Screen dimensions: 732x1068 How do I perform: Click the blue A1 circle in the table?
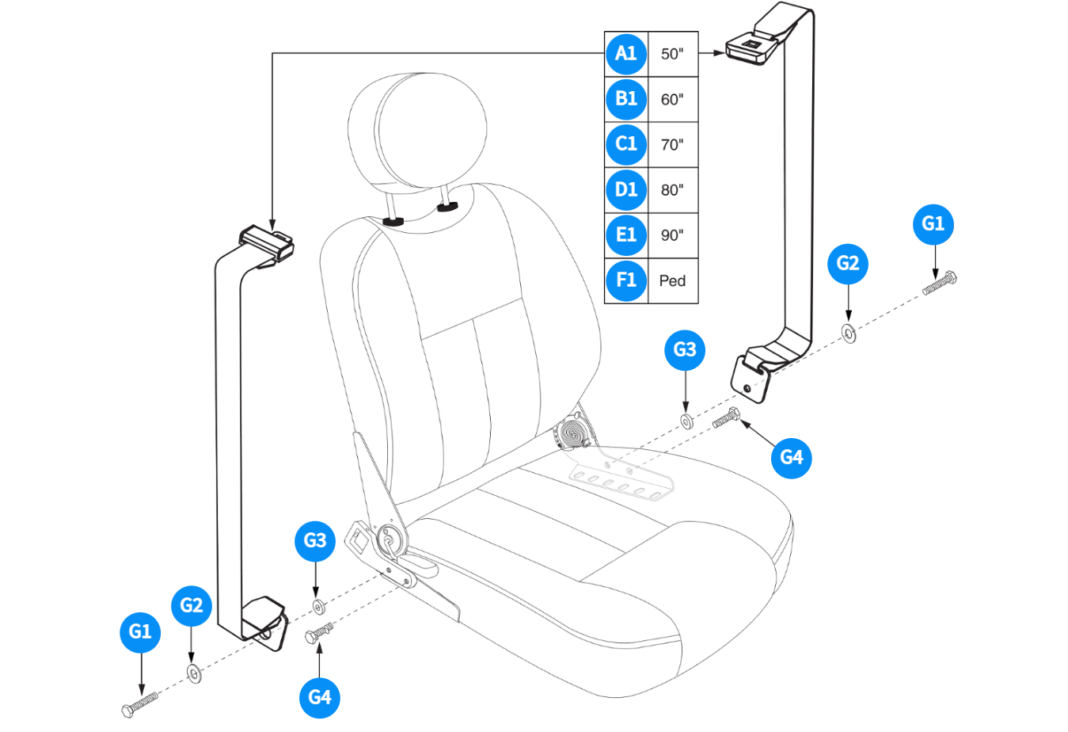(625, 54)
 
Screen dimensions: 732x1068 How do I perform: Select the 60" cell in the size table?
(672, 100)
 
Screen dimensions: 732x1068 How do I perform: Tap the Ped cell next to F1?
(672, 281)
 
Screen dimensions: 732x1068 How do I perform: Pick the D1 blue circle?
(625, 190)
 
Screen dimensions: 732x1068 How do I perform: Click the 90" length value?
(672, 235)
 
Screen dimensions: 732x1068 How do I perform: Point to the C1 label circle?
(625, 144)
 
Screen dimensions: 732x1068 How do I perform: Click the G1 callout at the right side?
(933, 224)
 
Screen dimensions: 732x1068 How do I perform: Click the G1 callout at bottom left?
(140, 631)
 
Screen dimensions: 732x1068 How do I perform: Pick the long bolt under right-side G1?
(940, 283)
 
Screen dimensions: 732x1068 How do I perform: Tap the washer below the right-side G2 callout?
(849, 334)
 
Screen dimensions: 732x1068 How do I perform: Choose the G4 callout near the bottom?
(320, 697)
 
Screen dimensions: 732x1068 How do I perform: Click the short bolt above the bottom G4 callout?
(318, 634)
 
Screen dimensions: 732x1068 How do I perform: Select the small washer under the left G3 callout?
(318, 607)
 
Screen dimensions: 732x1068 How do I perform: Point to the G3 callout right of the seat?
(685, 349)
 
